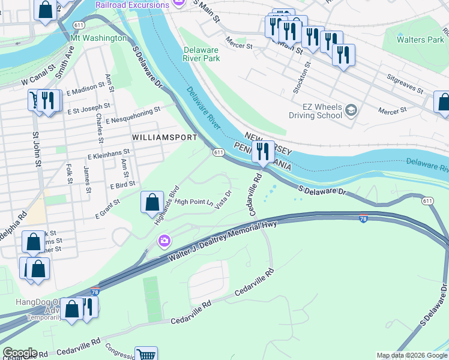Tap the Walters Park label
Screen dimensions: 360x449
pyautogui.click(x=420, y=40)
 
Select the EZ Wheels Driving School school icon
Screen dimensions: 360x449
pyautogui.click(x=351, y=110)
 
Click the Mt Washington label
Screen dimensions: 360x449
pyautogui.click(x=99, y=38)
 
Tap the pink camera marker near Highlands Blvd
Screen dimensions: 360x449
pyautogui.click(x=164, y=241)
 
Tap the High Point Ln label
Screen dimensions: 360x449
pyautogui.click(x=194, y=202)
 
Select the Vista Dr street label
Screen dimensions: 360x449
pyautogui.click(x=223, y=200)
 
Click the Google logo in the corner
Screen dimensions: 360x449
pyautogui.click(x=20, y=353)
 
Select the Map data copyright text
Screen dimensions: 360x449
pyautogui.click(x=411, y=355)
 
